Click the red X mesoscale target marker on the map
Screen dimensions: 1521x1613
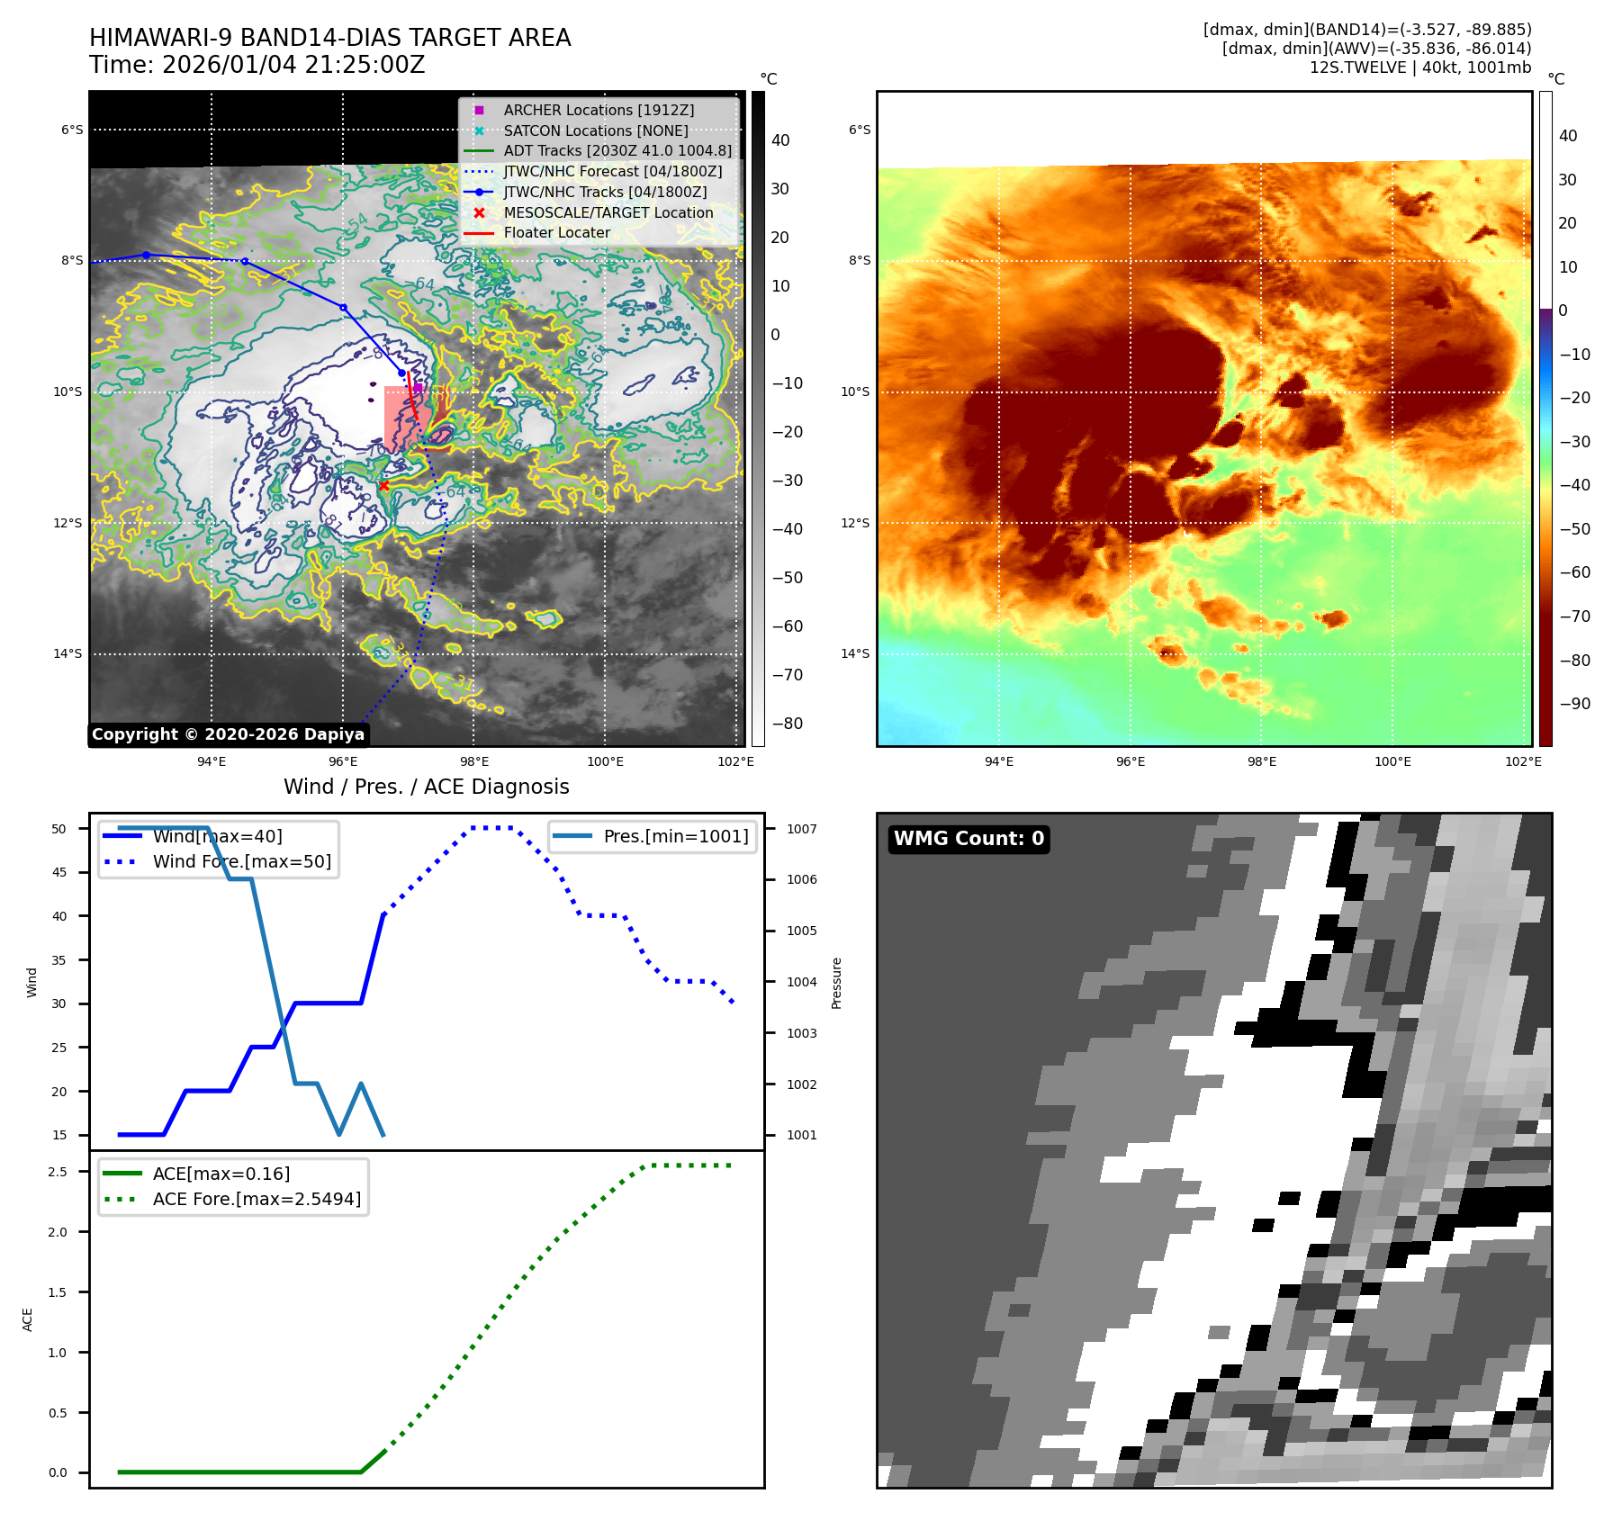point(383,486)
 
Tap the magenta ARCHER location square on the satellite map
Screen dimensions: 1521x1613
point(418,388)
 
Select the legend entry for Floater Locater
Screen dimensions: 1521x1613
point(556,233)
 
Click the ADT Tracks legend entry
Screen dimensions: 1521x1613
point(617,151)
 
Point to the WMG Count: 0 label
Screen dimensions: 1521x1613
point(969,839)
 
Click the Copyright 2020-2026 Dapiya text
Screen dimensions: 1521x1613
point(228,734)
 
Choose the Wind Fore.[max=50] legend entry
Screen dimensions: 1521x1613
point(241,861)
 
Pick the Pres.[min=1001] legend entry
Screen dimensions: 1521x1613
point(675,836)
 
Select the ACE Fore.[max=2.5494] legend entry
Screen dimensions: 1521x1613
point(257,1199)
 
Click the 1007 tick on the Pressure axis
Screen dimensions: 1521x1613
point(801,829)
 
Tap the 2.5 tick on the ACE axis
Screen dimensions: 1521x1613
point(58,1172)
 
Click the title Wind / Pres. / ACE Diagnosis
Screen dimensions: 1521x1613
point(426,787)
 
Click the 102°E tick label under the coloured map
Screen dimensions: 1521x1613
point(1523,761)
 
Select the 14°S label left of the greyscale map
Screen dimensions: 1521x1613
point(68,654)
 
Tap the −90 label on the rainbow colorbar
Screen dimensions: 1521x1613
point(1574,704)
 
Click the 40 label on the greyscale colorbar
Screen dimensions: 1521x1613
point(780,140)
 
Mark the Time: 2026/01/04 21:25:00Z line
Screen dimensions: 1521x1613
point(257,66)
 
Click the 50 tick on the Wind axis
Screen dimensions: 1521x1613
point(59,829)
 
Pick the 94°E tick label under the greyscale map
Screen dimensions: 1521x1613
point(212,761)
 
